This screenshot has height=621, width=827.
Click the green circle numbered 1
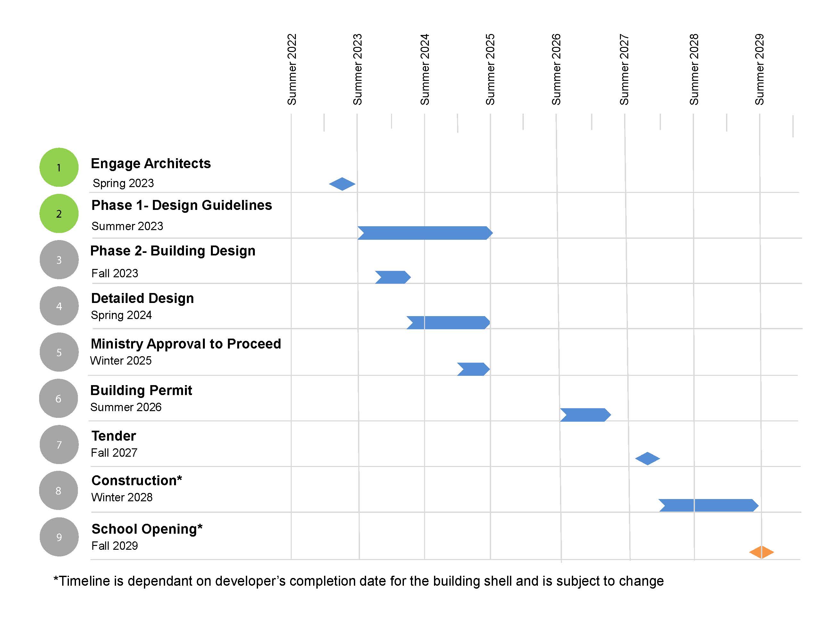point(59,167)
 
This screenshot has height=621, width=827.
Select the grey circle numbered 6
point(58,398)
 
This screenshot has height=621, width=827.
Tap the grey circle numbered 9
point(59,537)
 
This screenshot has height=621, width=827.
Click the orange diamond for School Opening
point(761,552)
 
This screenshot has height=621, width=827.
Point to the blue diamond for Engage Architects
point(342,184)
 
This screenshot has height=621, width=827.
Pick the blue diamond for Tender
point(647,458)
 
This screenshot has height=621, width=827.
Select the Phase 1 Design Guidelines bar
point(425,233)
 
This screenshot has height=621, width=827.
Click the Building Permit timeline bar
point(585,415)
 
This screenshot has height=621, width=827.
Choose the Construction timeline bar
point(708,505)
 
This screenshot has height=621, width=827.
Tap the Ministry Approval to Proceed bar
point(473,369)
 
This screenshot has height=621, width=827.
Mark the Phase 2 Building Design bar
point(393,277)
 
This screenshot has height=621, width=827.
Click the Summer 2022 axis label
point(292,70)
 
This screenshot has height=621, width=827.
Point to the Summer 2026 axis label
point(556,70)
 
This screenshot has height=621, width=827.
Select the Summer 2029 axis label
point(759,70)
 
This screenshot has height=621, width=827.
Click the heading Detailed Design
point(142,298)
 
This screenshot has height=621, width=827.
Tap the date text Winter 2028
point(122,497)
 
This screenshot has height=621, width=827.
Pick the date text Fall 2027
point(114,453)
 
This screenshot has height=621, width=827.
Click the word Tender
point(114,436)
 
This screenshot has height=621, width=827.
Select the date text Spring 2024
point(121,315)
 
